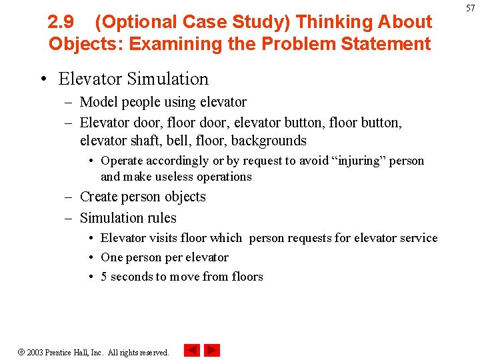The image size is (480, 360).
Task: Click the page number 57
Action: point(471,7)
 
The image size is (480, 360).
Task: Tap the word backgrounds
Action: point(268,141)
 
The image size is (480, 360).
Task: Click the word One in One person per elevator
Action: point(111,257)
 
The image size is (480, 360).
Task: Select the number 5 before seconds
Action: point(104,277)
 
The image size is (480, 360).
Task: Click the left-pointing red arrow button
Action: point(192,350)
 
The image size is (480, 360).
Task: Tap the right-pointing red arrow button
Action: point(212,350)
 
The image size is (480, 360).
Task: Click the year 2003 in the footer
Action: point(35,352)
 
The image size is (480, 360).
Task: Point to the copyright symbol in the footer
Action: point(21,352)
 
